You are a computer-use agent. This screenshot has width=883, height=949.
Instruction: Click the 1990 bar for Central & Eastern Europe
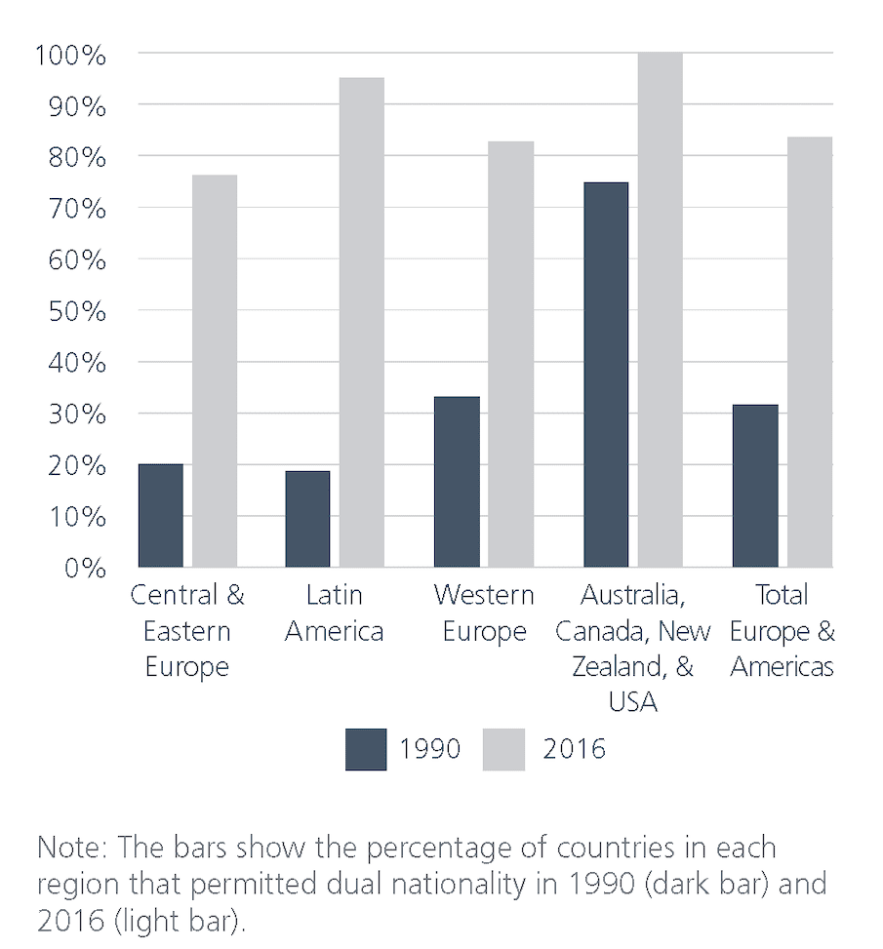[161, 515]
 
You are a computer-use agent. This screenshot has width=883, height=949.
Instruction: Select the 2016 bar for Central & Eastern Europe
[214, 371]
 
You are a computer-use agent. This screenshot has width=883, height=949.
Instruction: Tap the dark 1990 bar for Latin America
[307, 518]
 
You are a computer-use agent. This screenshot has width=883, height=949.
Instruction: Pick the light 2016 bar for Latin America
[361, 322]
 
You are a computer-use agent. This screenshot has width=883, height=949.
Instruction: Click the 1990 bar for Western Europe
[457, 481]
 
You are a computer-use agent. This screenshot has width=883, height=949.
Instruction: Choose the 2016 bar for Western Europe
[510, 353]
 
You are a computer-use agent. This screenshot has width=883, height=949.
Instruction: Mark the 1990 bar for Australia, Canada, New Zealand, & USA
[606, 374]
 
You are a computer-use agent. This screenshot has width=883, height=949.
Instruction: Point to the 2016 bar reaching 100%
[660, 309]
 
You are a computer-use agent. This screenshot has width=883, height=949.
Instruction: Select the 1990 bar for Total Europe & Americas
[755, 485]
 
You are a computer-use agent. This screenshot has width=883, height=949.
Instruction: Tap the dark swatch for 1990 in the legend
[366, 749]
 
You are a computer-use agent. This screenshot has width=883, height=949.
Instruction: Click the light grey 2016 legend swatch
[504, 749]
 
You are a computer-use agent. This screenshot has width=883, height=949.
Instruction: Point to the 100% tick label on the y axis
[69, 55]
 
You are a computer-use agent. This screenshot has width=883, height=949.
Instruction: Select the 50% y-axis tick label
[76, 311]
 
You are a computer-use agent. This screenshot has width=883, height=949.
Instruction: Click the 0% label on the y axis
[84, 568]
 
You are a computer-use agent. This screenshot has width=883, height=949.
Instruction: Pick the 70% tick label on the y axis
[76, 209]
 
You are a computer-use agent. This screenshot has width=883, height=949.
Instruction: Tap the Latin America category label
[334, 613]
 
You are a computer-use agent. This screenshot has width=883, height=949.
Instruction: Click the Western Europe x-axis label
[484, 613]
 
